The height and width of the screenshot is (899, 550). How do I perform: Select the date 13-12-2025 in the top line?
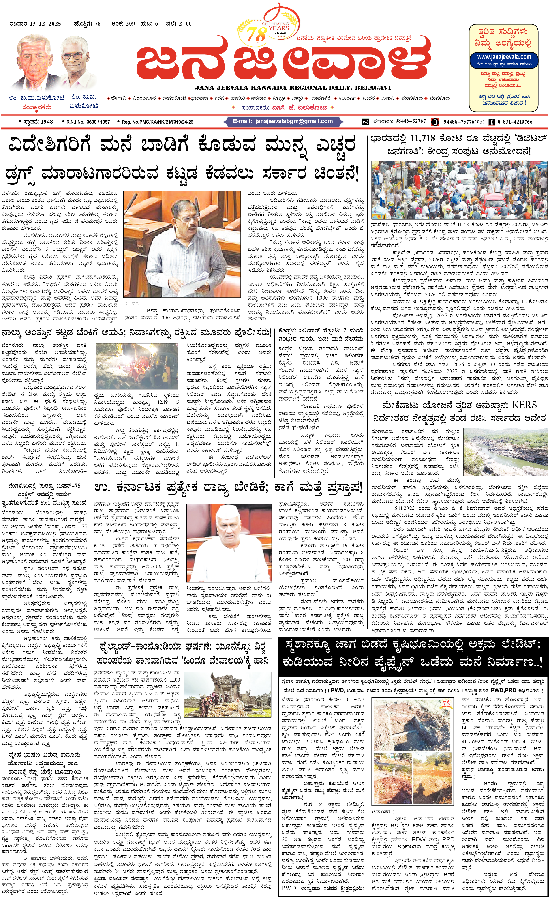[x=45, y=24]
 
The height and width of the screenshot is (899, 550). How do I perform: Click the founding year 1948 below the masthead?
[x=47, y=122]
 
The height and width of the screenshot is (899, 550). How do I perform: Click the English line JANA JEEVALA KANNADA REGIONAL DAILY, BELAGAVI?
[x=293, y=88]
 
